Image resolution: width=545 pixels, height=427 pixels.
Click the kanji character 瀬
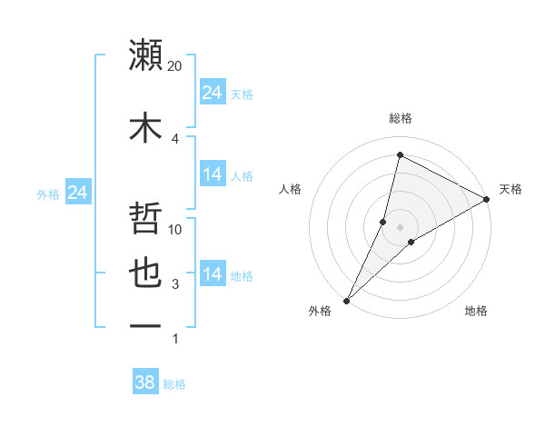146,55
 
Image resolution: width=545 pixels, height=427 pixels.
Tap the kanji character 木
146,128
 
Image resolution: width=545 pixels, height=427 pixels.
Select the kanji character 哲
146,219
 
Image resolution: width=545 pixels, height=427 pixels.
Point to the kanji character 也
146,274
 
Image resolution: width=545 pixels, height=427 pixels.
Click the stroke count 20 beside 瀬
175,66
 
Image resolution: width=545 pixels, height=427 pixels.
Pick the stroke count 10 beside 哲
175,229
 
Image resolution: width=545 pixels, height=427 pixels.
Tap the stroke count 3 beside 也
174,284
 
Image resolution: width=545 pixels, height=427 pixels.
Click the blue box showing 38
144,382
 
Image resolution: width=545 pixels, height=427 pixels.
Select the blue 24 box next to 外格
77,193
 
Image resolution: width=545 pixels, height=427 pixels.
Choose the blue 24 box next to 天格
213,93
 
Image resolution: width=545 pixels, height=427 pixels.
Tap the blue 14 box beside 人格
213,174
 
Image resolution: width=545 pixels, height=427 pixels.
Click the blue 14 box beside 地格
213,274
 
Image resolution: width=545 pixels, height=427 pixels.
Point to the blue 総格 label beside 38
174,384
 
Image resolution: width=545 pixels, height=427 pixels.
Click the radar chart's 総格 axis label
400,118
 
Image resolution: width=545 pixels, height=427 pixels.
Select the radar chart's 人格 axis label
291,189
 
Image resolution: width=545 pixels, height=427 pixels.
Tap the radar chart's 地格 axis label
476,311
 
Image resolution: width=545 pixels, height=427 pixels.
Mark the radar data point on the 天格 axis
486,199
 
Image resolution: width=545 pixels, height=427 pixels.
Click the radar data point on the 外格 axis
346,300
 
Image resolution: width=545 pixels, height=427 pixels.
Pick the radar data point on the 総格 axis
400,154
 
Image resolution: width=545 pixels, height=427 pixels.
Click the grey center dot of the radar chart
400,227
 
